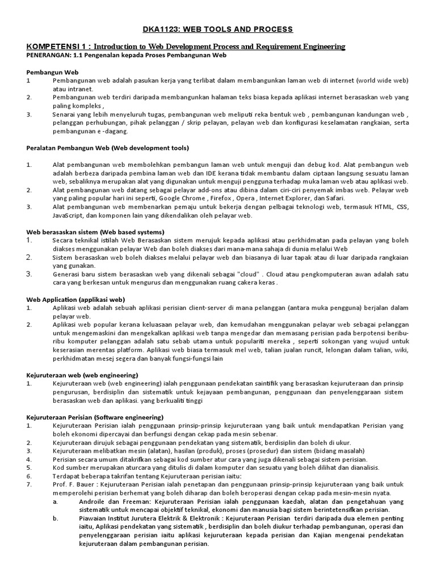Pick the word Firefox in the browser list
click(x=222, y=198)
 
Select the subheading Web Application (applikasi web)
click(x=76, y=299)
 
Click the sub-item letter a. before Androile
click(x=55, y=502)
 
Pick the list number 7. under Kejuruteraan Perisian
click(x=29, y=484)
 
